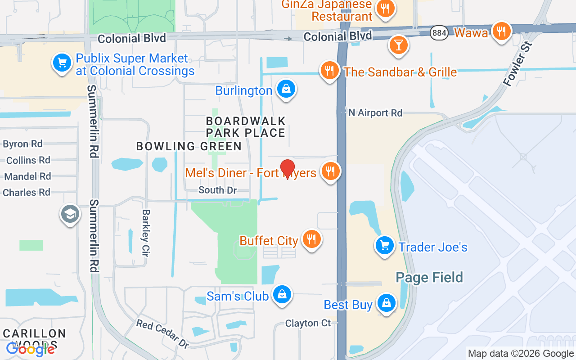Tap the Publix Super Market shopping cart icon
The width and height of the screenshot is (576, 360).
[62, 63]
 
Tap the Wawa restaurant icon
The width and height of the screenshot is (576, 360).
[501, 31]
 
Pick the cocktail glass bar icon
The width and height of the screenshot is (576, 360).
[398, 45]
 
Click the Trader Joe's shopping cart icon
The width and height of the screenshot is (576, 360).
[385, 246]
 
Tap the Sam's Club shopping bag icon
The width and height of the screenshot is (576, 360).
[282, 294]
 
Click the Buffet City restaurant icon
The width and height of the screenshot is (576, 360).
[310, 238]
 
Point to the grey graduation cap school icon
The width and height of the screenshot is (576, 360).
[70, 214]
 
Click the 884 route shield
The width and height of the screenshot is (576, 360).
[439, 32]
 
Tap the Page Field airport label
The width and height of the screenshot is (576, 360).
[429, 277]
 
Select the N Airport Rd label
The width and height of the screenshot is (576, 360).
[375, 113]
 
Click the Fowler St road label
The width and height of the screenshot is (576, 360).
[517, 64]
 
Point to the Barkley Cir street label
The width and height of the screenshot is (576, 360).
[145, 233]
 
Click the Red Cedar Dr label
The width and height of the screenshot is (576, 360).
[163, 334]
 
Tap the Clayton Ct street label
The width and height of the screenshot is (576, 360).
[308, 323]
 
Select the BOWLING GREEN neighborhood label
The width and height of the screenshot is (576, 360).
[189, 146]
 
